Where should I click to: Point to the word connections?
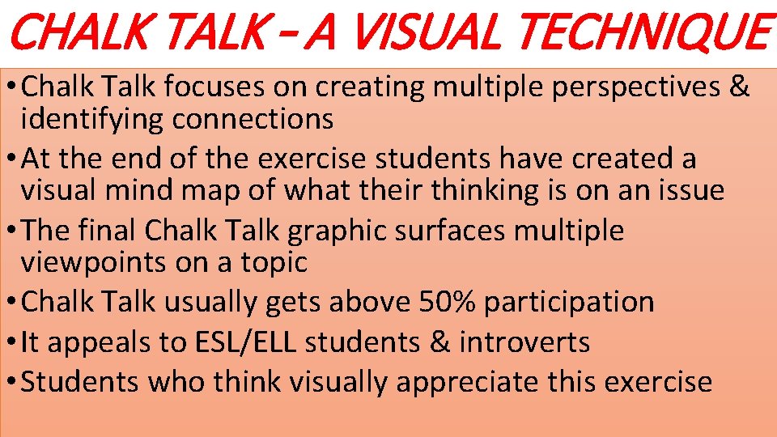coord(253,119)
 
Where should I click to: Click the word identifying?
coord(91,119)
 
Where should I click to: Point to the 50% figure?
coord(448,302)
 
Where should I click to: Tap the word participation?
coord(569,302)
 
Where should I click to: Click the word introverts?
coord(524,342)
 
